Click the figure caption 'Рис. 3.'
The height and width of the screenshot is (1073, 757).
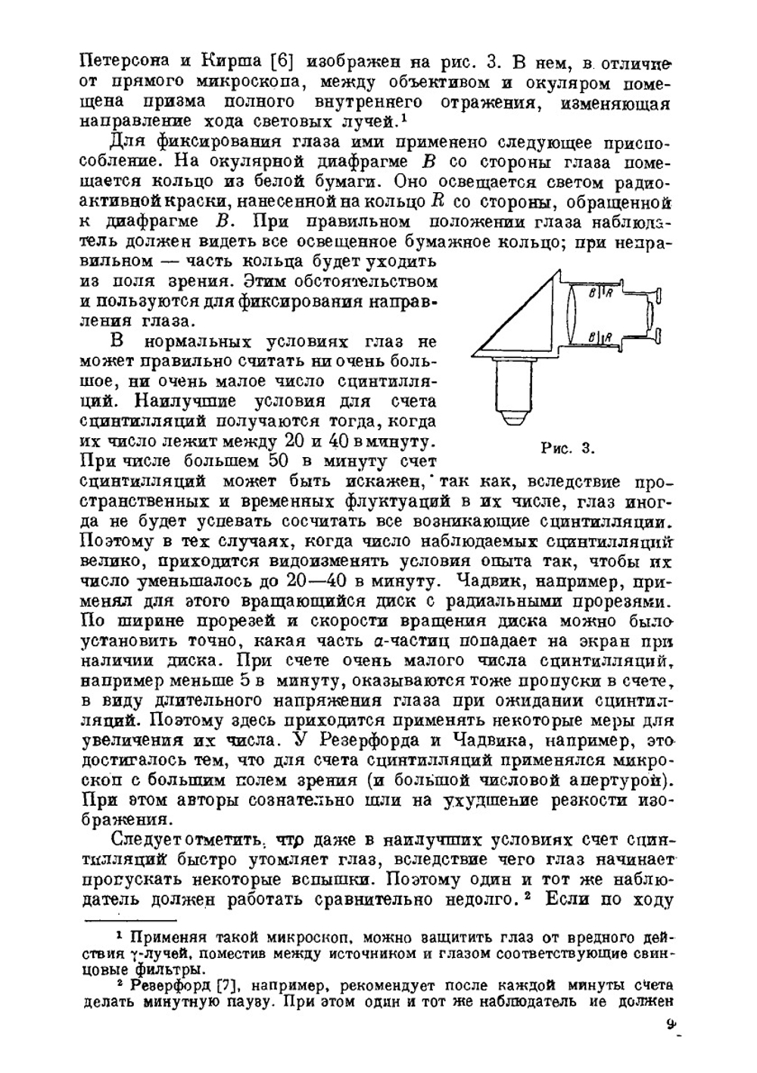coord(568,448)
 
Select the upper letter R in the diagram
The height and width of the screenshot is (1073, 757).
coord(609,292)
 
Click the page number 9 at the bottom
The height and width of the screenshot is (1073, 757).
coord(671,1025)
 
